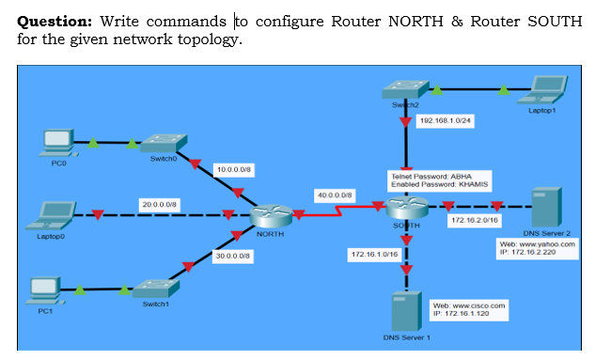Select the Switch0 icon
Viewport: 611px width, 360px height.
click(x=164, y=142)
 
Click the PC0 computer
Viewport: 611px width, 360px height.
click(x=59, y=144)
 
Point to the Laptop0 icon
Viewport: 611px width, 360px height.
click(x=54, y=215)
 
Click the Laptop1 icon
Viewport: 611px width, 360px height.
click(x=547, y=89)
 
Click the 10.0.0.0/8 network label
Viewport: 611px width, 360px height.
click(x=231, y=169)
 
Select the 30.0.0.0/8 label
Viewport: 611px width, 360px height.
click(x=231, y=255)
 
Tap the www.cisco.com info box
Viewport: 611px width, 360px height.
click(x=468, y=309)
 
